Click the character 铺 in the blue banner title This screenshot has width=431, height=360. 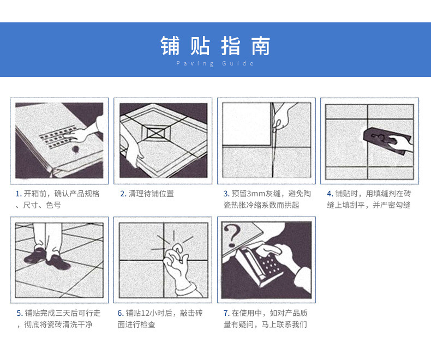170,46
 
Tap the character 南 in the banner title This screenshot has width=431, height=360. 260,46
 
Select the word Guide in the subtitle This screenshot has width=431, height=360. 238,63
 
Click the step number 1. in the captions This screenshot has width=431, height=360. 19,194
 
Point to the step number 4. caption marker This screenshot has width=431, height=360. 330,194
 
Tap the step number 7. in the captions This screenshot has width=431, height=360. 226,313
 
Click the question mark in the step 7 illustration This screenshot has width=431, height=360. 232,236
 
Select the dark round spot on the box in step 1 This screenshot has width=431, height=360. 75,149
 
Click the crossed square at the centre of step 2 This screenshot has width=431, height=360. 157,133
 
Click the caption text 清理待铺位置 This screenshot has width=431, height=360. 151,194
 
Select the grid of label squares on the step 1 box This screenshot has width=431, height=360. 58,136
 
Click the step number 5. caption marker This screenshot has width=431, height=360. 20,313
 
